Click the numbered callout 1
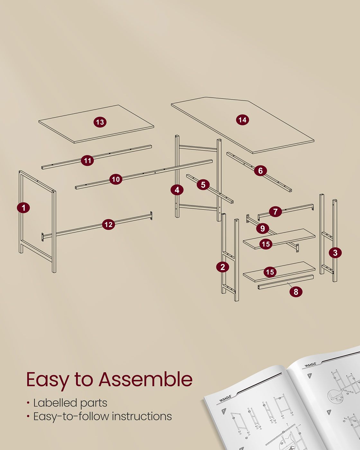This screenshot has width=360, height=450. [23, 208]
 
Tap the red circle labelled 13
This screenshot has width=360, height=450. [100, 122]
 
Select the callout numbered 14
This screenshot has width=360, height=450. [242, 120]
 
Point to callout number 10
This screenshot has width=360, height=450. [116, 179]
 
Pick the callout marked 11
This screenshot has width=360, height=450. [87, 160]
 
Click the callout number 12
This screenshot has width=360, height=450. [109, 224]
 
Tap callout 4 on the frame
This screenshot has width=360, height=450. [177, 190]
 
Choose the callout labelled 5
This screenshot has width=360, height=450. [203, 184]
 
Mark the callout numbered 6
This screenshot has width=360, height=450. [260, 171]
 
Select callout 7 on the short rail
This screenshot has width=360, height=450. [275, 212]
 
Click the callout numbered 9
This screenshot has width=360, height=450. [263, 228]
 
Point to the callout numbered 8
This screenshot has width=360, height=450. [296, 292]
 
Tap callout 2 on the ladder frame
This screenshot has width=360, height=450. [222, 267]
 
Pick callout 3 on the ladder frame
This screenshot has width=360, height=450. [335, 253]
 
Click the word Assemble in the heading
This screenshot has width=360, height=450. [146, 379]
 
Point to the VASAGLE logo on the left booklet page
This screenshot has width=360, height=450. [225, 399]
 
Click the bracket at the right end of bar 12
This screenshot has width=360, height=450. [151, 216]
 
